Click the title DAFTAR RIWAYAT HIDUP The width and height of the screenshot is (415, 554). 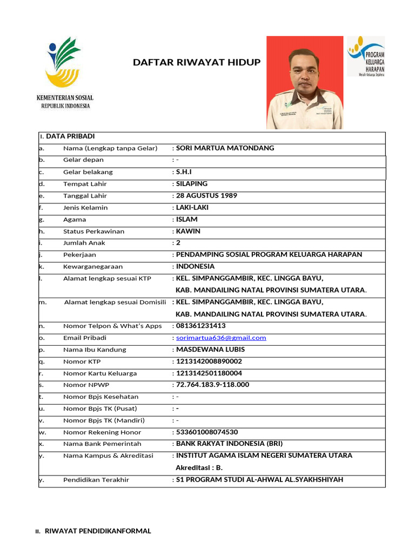pos(197,62)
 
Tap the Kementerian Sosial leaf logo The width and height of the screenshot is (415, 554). pos(64,62)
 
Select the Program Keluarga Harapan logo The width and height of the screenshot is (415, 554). pos(365,56)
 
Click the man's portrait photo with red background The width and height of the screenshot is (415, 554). pos(305,82)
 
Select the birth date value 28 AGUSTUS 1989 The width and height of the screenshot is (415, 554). pos(206,196)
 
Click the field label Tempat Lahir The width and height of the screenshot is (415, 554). pos(85,184)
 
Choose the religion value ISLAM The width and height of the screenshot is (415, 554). pos(187,220)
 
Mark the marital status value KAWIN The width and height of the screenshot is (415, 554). pos(188,232)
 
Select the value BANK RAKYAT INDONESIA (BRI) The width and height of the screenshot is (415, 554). pos(229,444)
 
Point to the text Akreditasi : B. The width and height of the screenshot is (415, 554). pos(199,467)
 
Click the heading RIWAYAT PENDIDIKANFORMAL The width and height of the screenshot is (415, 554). pos(97,531)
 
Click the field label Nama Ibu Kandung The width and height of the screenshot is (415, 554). pos(95,349)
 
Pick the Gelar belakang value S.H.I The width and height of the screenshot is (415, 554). pos(184,172)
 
